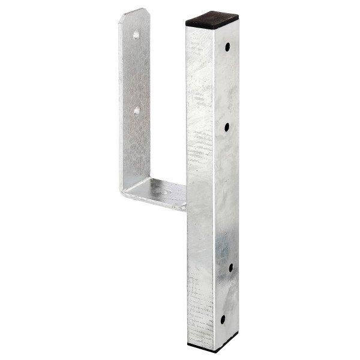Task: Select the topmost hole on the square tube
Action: [227, 46]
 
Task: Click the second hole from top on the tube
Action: [227, 127]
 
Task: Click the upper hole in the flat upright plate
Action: [136, 35]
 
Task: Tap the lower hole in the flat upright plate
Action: [137, 110]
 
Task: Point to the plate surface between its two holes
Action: [136, 72]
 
